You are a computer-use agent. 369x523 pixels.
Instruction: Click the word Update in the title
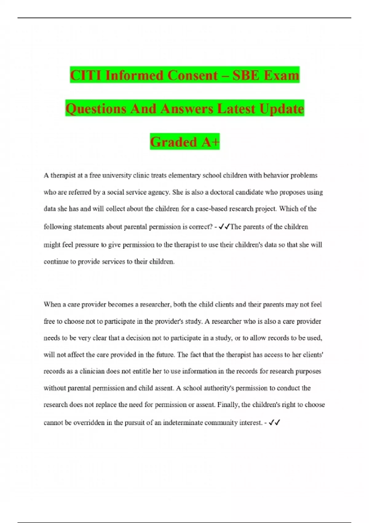pos(281,109)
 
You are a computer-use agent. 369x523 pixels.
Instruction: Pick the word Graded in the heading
pos(173,142)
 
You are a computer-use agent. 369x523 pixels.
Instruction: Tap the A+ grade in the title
pos(211,142)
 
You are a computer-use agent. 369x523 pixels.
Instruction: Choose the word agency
pos(160,192)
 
